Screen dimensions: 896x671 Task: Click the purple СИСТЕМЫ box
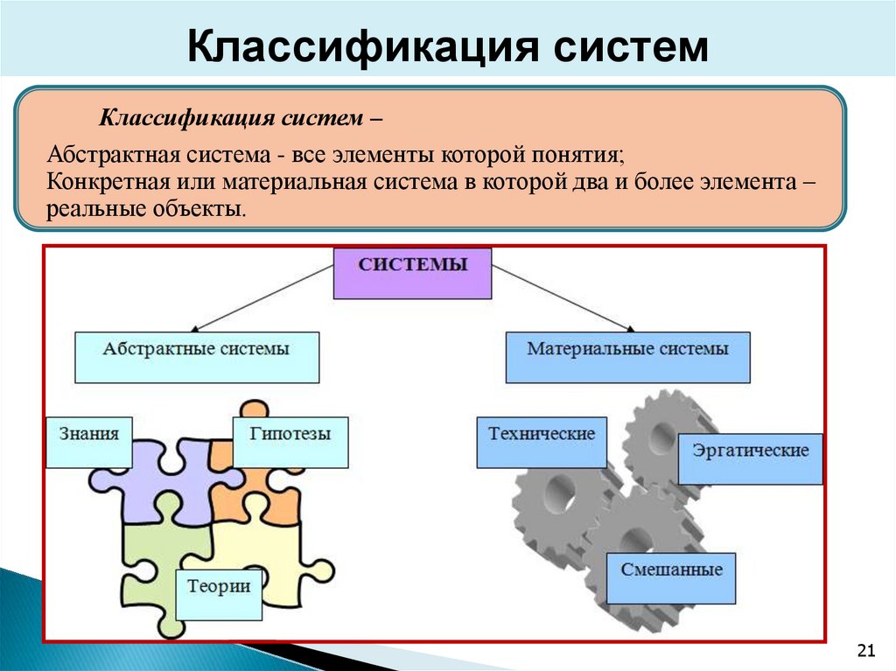coord(412,273)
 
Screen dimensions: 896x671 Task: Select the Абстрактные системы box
coord(196,357)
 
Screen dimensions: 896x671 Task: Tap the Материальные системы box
coord(627,357)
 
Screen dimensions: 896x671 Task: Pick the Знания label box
coord(88,442)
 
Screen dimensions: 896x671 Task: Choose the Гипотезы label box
coord(290,442)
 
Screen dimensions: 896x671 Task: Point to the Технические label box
coord(542,442)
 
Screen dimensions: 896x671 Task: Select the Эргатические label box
coord(750,458)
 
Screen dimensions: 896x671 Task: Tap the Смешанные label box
coord(671,577)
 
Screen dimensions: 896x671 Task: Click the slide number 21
coord(866,649)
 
